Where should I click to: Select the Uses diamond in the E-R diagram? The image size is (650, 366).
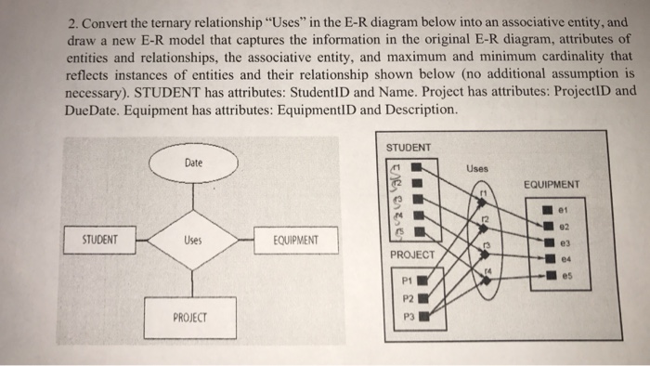tap(194, 239)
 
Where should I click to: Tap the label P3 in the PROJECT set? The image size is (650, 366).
tap(404, 315)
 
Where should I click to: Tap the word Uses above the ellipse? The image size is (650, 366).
tap(478, 170)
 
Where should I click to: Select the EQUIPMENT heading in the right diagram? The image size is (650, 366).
tap(551, 184)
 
